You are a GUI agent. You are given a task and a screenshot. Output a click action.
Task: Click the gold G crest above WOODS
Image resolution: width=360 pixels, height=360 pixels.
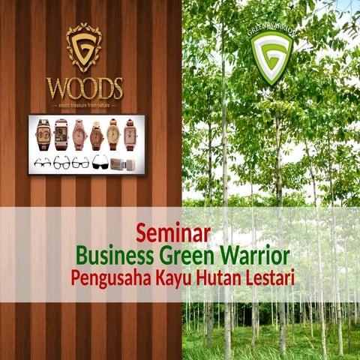pyautogui.click(x=84, y=47)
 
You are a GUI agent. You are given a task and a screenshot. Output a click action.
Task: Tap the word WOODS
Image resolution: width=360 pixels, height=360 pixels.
pyautogui.click(x=84, y=88)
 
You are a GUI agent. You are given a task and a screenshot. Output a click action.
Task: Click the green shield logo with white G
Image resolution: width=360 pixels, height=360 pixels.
pyautogui.click(x=271, y=55)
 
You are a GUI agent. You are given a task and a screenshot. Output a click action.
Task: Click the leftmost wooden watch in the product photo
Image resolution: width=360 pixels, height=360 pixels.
pyautogui.click(x=43, y=135)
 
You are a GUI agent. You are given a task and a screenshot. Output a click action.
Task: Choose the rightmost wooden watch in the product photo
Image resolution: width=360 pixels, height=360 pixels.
pyautogui.click(x=130, y=134)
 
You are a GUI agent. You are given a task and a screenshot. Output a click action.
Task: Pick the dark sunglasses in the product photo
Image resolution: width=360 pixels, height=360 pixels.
pyautogui.click(x=100, y=162)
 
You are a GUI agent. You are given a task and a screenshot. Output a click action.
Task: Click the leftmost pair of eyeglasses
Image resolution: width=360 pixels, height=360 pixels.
pyautogui.click(x=43, y=162)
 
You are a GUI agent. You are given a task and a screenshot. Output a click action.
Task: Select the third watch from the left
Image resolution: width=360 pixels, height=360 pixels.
pyautogui.click(x=79, y=135)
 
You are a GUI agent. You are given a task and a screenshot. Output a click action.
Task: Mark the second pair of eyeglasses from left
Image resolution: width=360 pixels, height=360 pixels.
pyautogui.click(x=61, y=162)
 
